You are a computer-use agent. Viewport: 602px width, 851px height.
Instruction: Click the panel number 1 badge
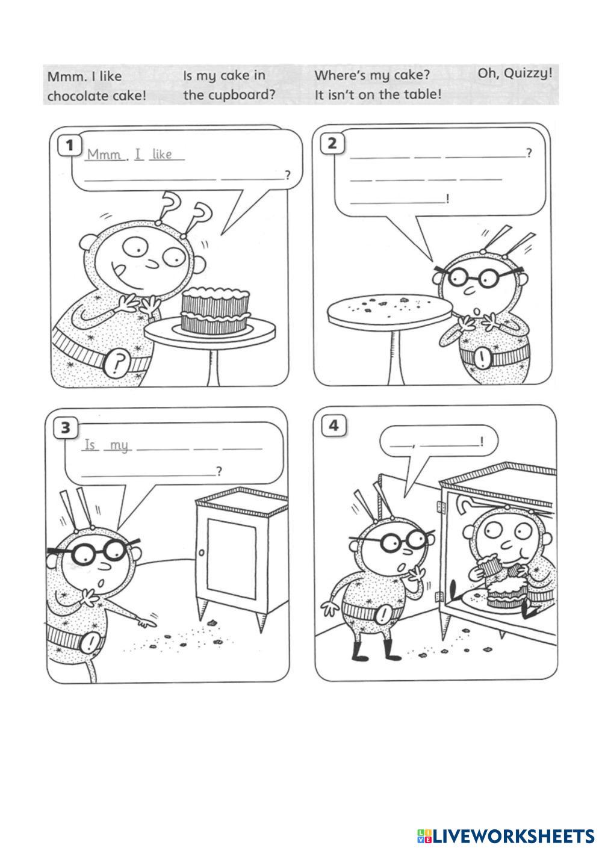[x=70, y=146]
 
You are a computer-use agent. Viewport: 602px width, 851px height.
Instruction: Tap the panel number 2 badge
[x=332, y=144]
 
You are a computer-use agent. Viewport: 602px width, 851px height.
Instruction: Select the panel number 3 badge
[x=66, y=428]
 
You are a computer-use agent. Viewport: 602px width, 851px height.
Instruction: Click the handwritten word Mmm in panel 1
[x=104, y=155]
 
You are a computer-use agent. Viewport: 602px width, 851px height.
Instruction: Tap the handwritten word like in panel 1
[x=163, y=154]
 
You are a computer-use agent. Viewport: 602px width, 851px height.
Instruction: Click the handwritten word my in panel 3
[x=119, y=445]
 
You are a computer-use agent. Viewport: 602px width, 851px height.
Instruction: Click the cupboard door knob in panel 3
[x=202, y=552]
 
